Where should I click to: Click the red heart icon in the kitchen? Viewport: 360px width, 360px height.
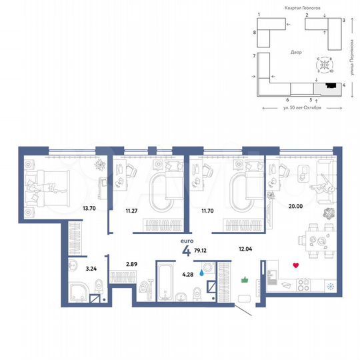296,265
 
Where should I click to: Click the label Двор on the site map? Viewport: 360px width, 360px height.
296,52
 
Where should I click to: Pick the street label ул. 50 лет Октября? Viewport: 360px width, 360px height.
301,108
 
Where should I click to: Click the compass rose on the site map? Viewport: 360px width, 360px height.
325,66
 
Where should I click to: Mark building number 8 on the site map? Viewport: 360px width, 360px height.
255,32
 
